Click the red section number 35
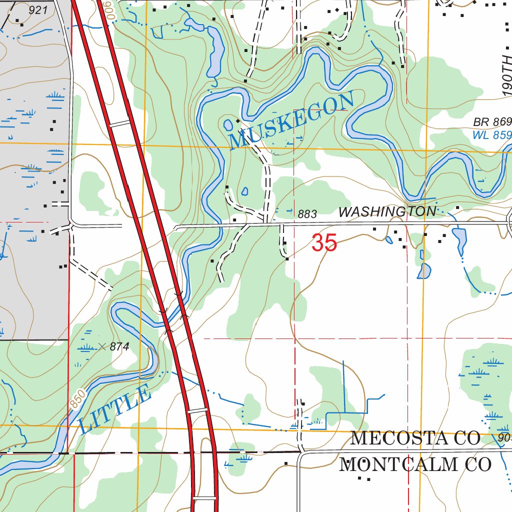pos(324,243)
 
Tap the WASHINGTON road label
pos(387,212)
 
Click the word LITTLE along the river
pos(114,409)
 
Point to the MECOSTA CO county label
pos(415,438)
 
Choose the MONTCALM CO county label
pos(415,464)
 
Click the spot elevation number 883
pos(307,214)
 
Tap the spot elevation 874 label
pos(119,346)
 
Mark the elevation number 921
pos(38,10)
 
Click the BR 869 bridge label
pos(492,122)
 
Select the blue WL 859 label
pos(492,135)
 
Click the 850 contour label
pos(78,397)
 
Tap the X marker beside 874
pos(102,346)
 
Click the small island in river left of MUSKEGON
pos(228,123)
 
